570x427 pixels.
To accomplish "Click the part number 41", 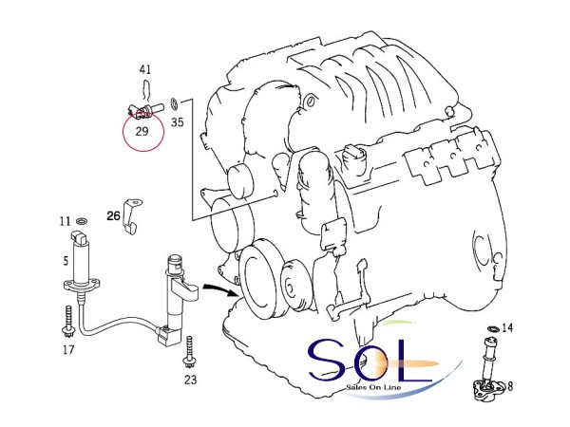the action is tap(145, 69).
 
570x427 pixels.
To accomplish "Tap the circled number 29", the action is tap(142, 131).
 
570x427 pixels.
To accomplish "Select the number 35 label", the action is tap(177, 122).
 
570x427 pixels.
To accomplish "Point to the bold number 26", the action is tap(113, 216).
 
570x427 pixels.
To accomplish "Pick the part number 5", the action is tap(66, 261).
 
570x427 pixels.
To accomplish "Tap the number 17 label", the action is tap(68, 350).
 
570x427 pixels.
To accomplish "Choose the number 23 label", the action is tap(190, 380).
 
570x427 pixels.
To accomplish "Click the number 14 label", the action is tap(507, 328).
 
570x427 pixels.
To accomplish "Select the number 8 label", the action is tap(510, 386).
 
